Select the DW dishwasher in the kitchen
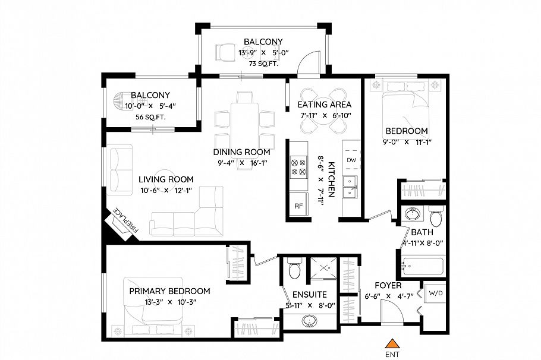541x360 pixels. pyautogui.click(x=351, y=160)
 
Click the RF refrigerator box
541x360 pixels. pyautogui.click(x=298, y=206)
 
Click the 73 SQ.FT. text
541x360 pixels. pyautogui.click(x=262, y=64)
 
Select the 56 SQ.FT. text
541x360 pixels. pyautogui.click(x=150, y=117)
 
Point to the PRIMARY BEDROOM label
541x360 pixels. pyautogui.click(x=170, y=291)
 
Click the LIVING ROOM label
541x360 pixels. pyautogui.click(x=166, y=179)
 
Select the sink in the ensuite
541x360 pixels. pyautogui.click(x=309, y=321)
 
